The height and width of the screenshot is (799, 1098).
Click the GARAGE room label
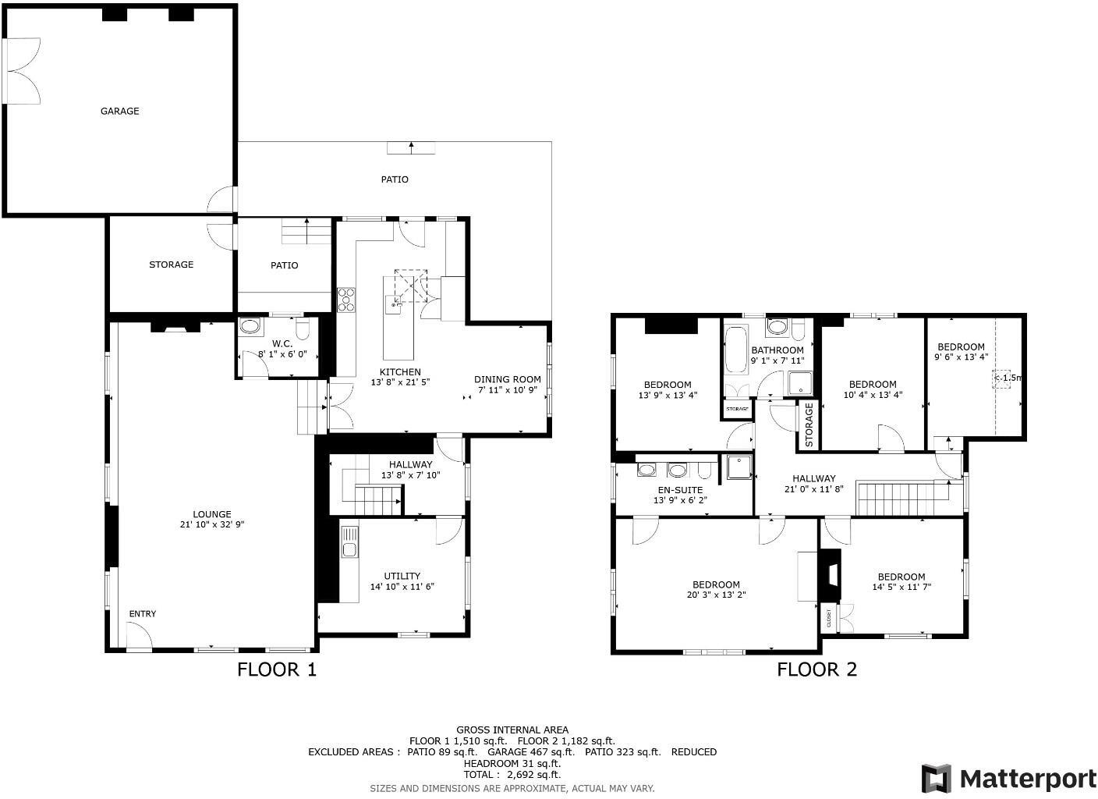point(119,111)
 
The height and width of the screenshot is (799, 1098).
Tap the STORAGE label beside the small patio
point(171,265)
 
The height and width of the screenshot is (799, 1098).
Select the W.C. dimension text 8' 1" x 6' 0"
point(282,354)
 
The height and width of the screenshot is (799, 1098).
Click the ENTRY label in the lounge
point(142,614)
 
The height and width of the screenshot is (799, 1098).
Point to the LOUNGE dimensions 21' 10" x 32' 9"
point(212,525)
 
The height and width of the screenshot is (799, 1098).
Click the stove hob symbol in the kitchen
point(345,300)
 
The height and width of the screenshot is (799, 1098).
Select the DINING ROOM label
point(507,379)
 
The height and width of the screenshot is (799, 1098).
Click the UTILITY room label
point(402,576)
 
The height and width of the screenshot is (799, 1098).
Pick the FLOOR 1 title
point(277,669)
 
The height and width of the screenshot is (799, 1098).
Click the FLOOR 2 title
point(816,669)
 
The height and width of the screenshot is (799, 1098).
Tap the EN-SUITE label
point(680,490)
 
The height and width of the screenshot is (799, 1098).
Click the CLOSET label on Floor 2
point(828,619)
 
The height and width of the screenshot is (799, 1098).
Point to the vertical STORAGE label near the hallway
point(809,425)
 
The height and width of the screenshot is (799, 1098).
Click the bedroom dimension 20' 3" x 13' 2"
point(716,595)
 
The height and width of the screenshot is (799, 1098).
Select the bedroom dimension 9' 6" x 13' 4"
point(961,357)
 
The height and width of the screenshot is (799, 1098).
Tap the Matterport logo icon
point(937,778)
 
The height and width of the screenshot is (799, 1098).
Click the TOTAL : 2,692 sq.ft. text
point(512,775)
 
